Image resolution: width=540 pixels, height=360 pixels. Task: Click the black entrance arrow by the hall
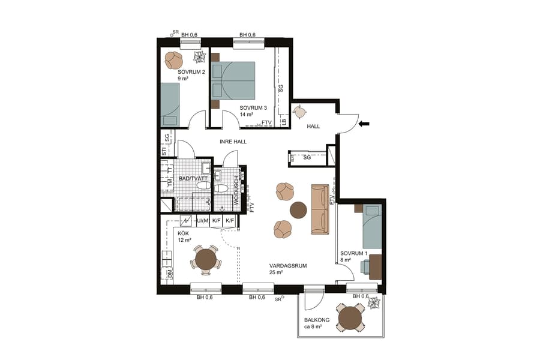coord(364,124)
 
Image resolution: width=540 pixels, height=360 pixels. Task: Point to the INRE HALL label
coord(233,142)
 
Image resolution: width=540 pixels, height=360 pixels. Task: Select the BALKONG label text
coord(314,321)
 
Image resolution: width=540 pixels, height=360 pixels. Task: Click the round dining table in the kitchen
coord(206,259)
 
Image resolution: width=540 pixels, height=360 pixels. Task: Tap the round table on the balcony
coord(350,318)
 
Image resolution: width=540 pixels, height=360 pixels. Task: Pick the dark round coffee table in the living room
coord(298,209)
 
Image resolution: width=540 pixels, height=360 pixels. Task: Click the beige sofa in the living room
coord(319,209)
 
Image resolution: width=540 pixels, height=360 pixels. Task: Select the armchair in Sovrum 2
coord(174,60)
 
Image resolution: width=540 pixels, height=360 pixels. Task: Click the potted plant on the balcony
coord(374,303)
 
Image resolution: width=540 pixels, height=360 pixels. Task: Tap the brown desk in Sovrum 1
coord(375,266)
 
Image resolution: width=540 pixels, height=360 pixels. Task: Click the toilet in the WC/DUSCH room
coord(220,188)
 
